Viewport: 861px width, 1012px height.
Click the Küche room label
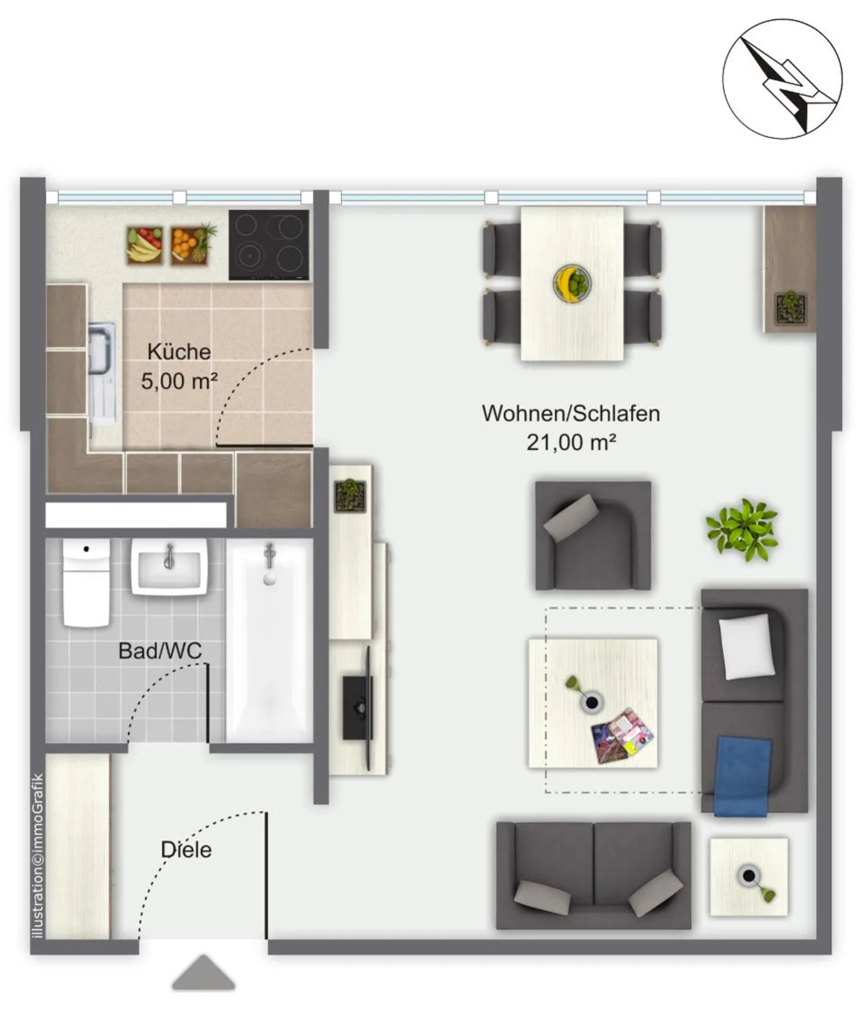[x=179, y=352]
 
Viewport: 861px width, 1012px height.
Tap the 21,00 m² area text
[x=571, y=443]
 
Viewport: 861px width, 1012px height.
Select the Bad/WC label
[x=160, y=651]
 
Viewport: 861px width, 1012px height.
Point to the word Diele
[x=186, y=850]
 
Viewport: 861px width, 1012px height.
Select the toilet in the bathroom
[x=86, y=583]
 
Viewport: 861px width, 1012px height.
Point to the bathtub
[x=270, y=640]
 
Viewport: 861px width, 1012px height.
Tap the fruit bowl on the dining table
[x=572, y=282]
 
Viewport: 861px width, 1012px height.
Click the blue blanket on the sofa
[x=741, y=776]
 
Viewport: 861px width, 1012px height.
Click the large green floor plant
[x=742, y=530]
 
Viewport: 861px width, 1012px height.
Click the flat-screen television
[x=358, y=707]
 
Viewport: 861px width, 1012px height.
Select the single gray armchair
[x=593, y=536]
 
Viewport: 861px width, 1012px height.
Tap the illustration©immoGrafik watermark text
[x=38, y=856]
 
